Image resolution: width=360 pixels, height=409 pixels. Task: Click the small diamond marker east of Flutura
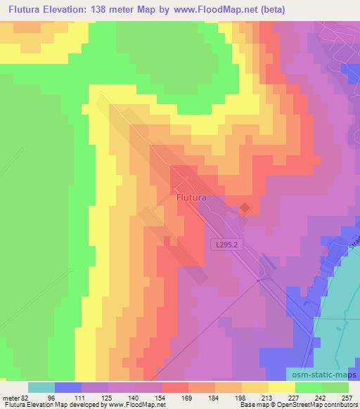244,207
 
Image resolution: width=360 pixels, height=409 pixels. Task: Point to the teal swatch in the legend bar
41,387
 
